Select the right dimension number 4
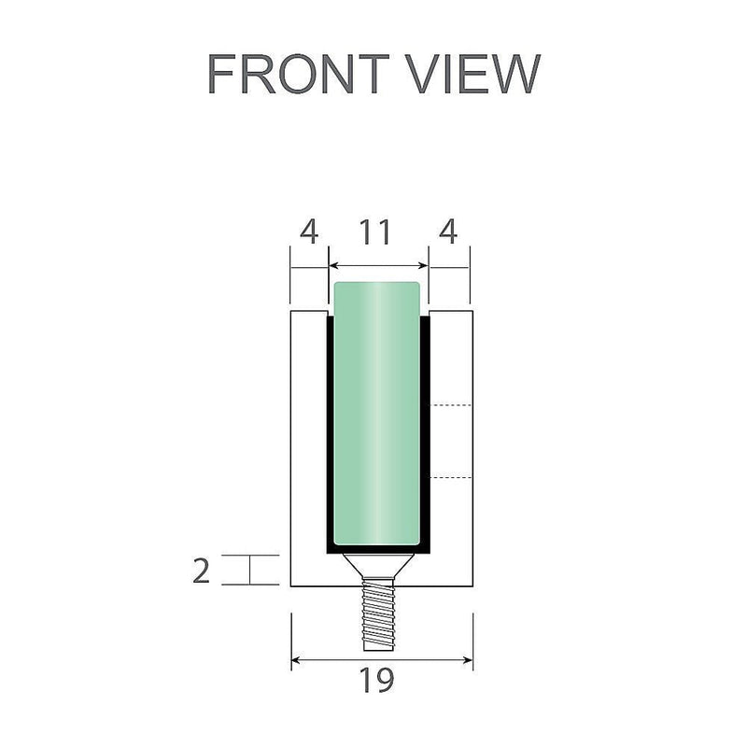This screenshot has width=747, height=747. tap(448, 233)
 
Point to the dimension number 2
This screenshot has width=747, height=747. tap(201, 570)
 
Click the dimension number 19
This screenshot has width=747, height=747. tap(378, 681)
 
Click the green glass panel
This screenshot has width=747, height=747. tap(377, 411)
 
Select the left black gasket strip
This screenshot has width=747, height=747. tap(330, 430)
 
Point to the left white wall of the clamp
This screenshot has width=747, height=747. tap(308, 448)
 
